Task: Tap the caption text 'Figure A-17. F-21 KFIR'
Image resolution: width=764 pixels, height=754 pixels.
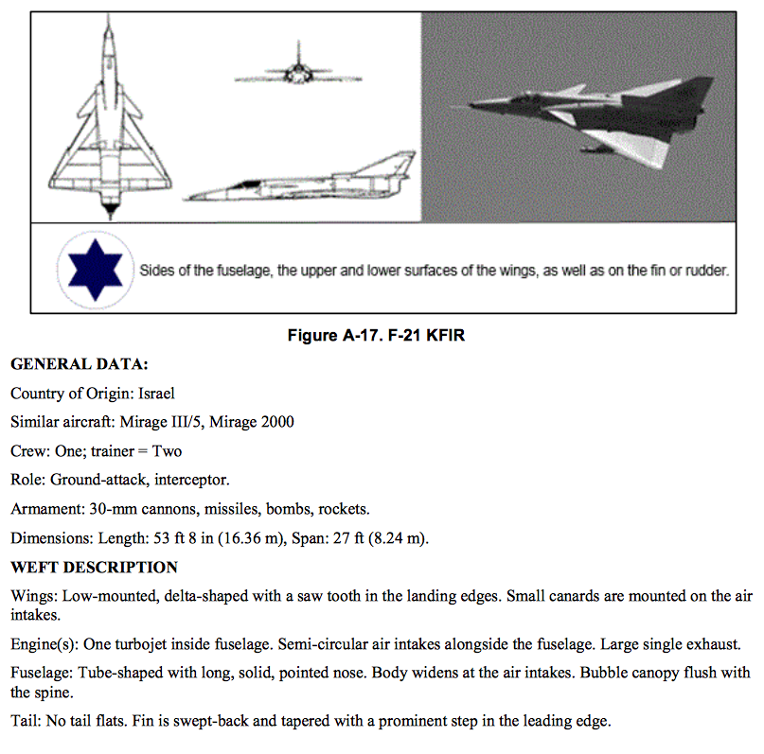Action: click(382, 337)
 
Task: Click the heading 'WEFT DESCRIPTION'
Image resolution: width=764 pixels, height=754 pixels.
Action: click(94, 568)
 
